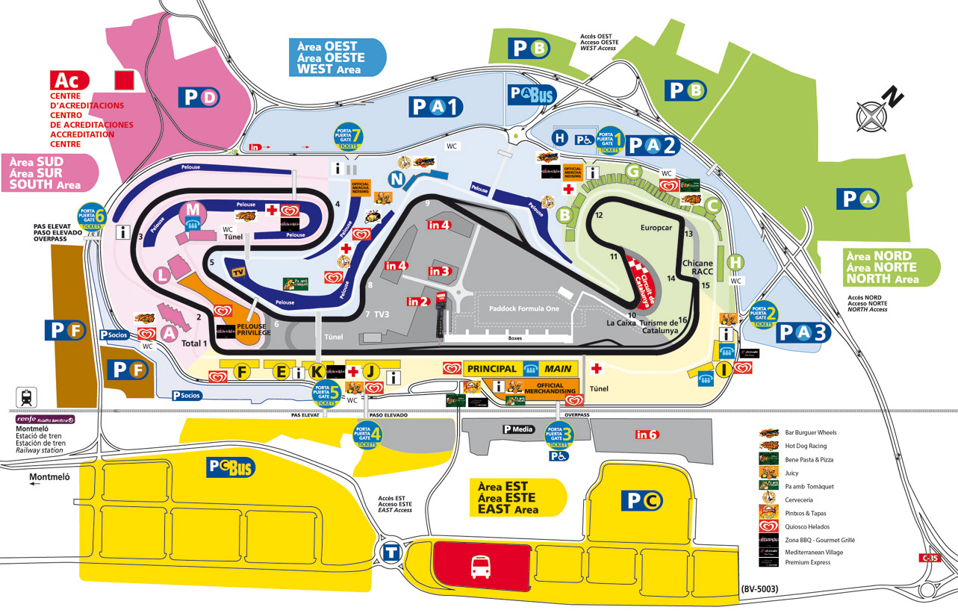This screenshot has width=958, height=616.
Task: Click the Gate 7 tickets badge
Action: [349, 138]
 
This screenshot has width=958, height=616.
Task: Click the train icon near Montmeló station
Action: [27, 396]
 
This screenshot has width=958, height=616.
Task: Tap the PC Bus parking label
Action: [231, 467]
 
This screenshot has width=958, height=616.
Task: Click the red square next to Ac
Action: [123, 80]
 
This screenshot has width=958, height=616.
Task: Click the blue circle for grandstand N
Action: [399, 179]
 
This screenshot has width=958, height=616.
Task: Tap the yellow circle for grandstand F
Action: [241, 371]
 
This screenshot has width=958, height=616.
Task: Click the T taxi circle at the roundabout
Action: [391, 553]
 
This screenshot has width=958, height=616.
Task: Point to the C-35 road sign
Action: [929, 558]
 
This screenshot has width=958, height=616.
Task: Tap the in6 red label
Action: [646, 435]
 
